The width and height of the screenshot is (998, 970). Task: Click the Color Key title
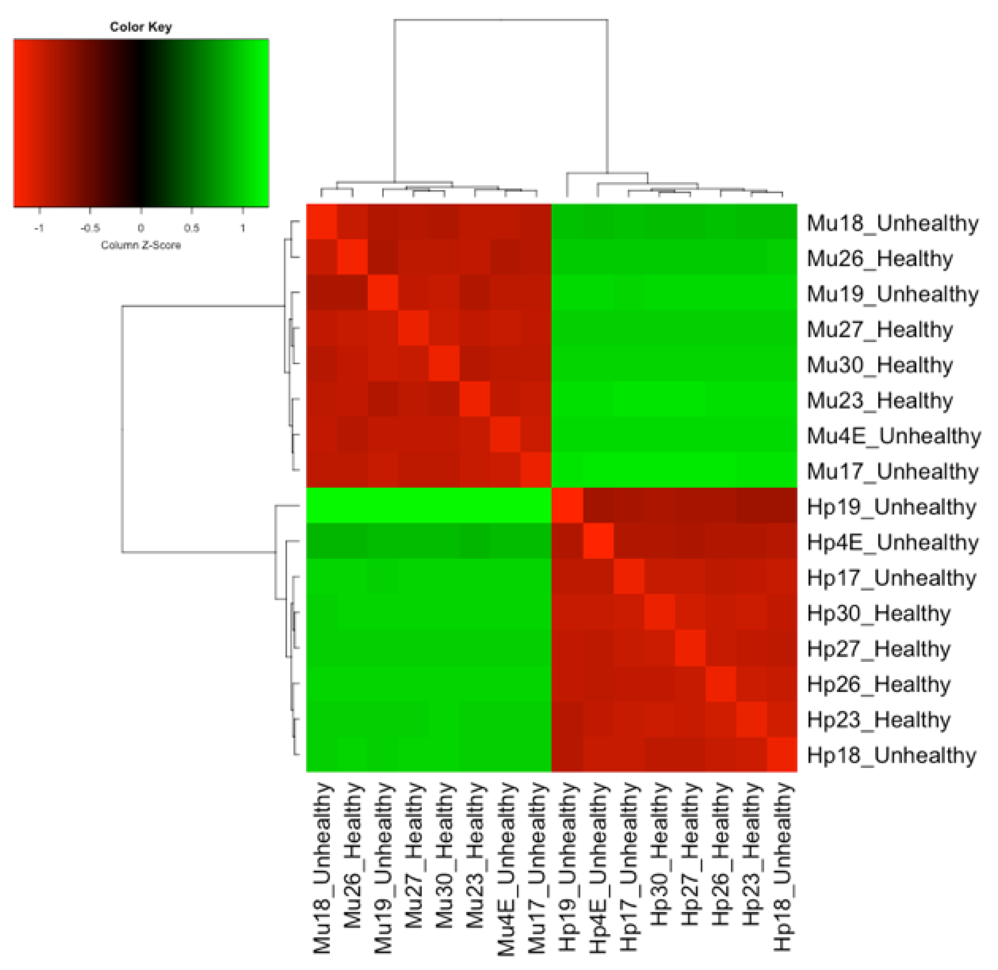point(141,27)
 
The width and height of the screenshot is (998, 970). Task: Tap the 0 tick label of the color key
point(141,228)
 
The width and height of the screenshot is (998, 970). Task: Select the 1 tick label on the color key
point(243,228)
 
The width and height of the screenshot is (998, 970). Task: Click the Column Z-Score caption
point(141,245)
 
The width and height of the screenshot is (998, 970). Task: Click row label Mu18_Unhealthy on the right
point(893,223)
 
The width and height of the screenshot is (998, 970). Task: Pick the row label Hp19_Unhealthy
point(891,507)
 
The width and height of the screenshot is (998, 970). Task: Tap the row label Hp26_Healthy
point(879,684)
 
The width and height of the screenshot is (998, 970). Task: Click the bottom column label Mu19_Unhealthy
point(383,867)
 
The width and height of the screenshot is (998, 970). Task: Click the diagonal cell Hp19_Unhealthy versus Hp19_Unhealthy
point(567,505)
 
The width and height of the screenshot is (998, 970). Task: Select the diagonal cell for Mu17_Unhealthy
point(536,470)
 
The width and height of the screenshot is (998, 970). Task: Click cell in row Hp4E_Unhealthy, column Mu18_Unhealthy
point(321,541)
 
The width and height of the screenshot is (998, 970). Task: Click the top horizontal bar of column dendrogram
point(501,20)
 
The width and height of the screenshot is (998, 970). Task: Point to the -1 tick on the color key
point(39,228)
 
